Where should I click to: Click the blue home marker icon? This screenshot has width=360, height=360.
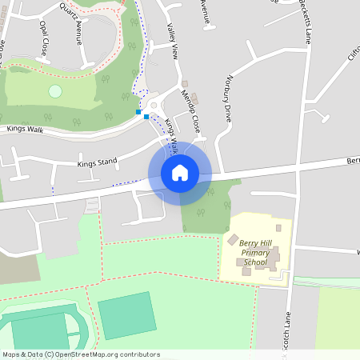click(x=179, y=173)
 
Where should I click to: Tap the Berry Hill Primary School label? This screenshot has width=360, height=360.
click(x=255, y=253)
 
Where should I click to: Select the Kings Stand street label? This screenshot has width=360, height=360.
click(x=97, y=162)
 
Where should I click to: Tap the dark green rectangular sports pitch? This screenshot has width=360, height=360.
click(x=126, y=314)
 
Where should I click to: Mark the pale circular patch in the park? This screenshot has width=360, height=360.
click(x=54, y=91)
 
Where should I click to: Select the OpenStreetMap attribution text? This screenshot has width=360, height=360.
click(x=80, y=354)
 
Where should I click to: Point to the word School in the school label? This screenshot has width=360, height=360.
click(x=255, y=262)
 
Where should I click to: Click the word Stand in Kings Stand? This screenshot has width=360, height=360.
click(x=106, y=162)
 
